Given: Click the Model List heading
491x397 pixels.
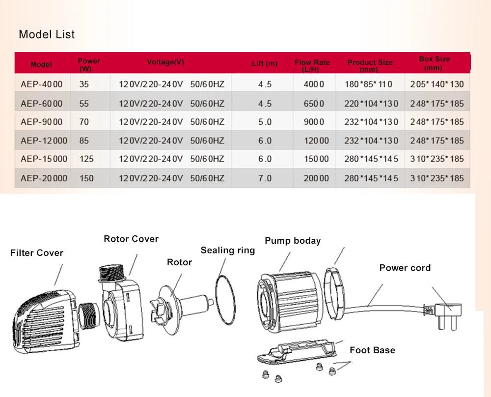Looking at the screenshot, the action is point(47,34).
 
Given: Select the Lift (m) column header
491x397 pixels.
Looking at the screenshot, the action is point(265,63).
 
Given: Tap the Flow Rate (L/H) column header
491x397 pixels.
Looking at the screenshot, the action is point(312,65).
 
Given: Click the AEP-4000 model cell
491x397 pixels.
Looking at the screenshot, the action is point(41,85).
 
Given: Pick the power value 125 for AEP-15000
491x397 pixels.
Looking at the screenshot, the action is point(86,159).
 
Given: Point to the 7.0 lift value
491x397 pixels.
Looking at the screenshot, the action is point(265,178).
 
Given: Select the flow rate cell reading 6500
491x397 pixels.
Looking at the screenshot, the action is point(314,104).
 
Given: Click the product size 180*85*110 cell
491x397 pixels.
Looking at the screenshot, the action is point(368,85).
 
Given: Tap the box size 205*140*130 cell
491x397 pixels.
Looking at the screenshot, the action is point(437,85).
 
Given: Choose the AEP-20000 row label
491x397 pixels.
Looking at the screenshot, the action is point(44,178).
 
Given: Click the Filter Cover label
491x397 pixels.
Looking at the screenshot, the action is point(37,253).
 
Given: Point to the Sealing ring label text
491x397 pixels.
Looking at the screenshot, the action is point(228,251).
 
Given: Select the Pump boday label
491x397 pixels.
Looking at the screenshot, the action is point(293,241).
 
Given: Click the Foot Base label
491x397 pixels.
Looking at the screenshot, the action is point(372,350).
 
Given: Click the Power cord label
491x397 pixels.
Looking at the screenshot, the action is point(405,268).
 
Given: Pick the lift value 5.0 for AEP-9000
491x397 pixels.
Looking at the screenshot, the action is point(265,122).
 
